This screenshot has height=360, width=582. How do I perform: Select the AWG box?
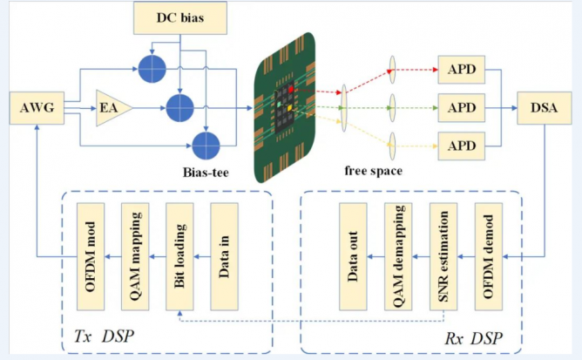coord(37,109)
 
